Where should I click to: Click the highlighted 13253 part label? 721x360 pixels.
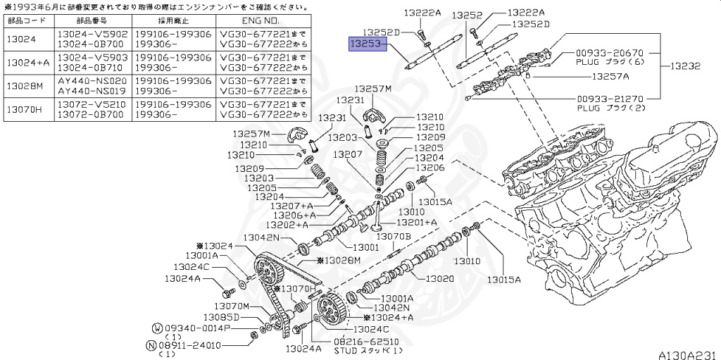point(366,44)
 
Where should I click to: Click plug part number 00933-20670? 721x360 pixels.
point(610,53)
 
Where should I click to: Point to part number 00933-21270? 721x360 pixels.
point(610,99)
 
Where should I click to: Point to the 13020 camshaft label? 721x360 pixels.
point(441,278)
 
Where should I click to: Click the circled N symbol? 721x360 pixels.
point(151,345)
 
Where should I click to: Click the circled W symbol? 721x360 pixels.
point(158,328)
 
